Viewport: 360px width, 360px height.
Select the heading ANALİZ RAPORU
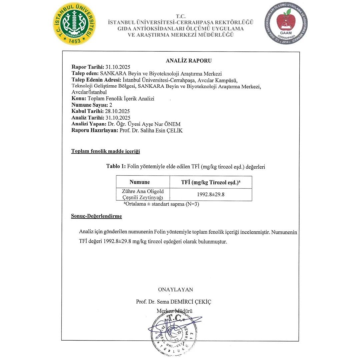pos(188,61)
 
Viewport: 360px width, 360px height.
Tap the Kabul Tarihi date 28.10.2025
pos(117,111)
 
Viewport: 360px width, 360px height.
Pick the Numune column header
pos(139,182)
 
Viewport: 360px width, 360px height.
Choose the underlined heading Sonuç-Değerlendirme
pos(96,216)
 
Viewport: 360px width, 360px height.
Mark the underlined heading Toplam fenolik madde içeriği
pos(105,151)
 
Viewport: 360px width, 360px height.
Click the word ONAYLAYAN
pos(175,289)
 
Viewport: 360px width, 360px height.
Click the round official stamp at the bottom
pos(173,332)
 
